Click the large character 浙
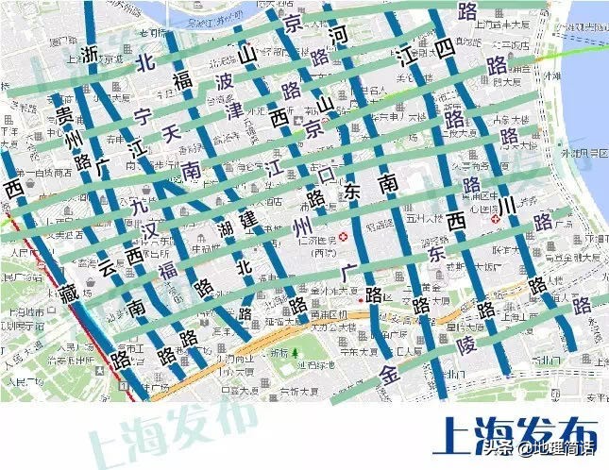pos(90,54)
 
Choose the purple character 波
pos(224,81)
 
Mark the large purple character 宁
pos(144,118)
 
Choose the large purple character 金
pos(390,372)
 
